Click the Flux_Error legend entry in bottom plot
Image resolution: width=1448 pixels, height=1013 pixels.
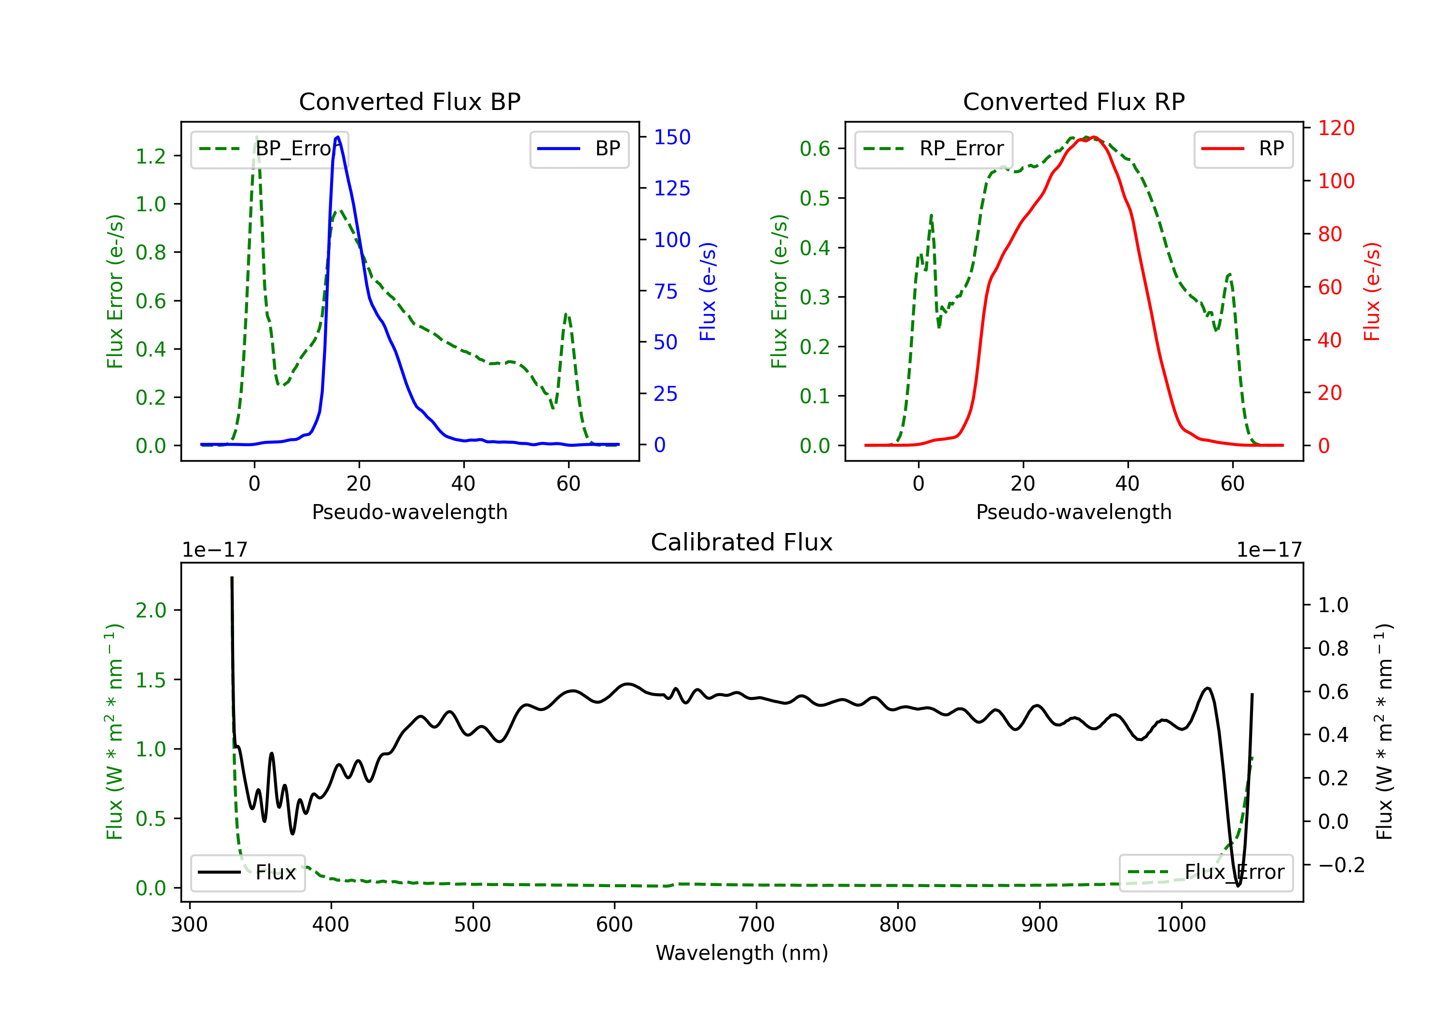click(x=1205, y=873)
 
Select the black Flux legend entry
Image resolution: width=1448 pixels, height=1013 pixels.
click(x=248, y=873)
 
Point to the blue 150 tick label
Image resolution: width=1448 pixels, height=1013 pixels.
click(x=672, y=137)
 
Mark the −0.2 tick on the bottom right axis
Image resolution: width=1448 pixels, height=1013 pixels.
click(x=1341, y=865)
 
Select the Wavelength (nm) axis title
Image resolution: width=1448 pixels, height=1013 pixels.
click(x=742, y=953)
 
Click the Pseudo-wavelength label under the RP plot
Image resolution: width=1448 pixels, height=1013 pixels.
click(x=1073, y=512)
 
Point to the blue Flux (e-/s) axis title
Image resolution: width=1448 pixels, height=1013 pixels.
click(x=708, y=292)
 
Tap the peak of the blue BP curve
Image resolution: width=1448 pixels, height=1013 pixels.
click(x=338, y=137)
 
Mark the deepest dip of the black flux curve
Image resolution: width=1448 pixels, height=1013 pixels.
click(x=1238, y=886)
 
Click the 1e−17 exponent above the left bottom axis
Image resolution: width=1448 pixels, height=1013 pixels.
click(x=214, y=550)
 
